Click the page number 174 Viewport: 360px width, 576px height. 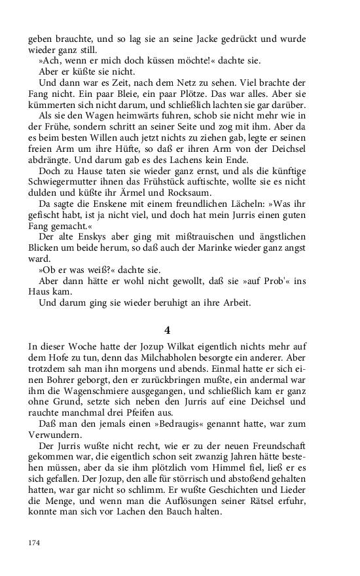coord(35,543)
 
